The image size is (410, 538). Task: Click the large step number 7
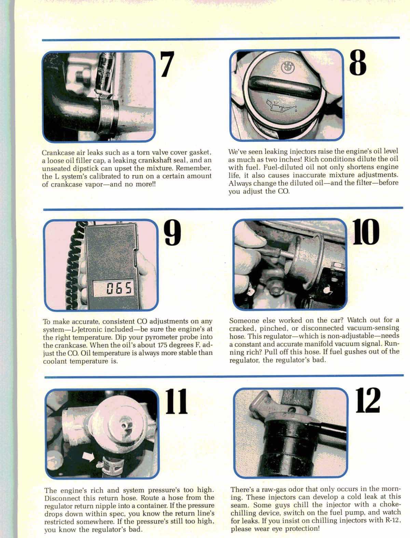tap(167, 64)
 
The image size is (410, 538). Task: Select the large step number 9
tap(173, 233)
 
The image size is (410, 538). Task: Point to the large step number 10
tap(366, 232)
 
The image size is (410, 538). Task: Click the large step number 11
tap(176, 401)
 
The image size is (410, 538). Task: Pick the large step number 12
tap(367, 400)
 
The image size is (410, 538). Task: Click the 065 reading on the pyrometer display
tap(120, 288)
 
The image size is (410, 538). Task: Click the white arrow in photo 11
tap(88, 457)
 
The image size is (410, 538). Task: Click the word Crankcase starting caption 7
tap(57, 153)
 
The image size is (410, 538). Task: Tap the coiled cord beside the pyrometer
tap(76, 265)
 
